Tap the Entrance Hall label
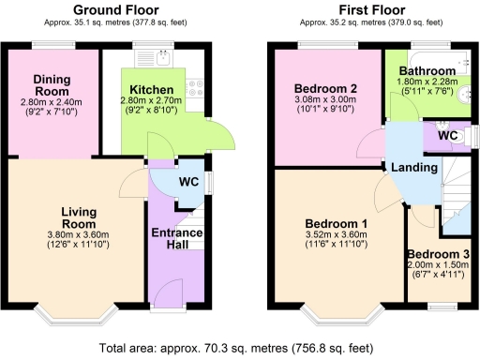[x=172, y=238]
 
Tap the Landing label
[x=413, y=167]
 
